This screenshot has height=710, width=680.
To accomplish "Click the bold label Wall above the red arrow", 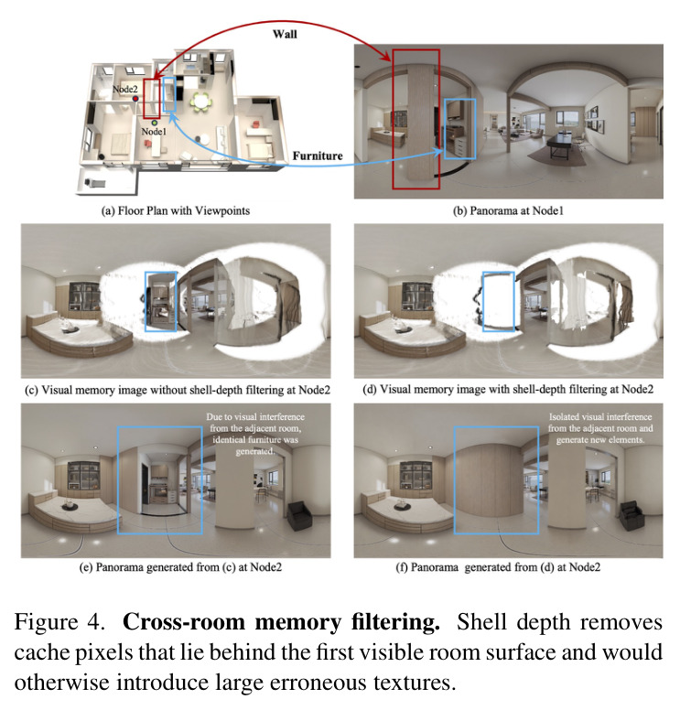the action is pos(285,35).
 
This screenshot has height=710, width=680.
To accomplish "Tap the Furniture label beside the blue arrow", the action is pos(318,156).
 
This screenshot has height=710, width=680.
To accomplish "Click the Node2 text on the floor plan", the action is pos(125,89).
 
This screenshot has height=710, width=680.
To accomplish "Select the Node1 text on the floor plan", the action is pos(154,132).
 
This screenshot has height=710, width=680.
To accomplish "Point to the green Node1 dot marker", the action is pos(155,123).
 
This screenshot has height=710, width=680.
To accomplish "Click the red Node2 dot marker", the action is pos(135,98).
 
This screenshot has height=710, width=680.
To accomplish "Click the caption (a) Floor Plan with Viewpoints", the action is pos(176,211).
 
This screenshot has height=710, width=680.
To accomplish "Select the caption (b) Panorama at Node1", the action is pos(508,211).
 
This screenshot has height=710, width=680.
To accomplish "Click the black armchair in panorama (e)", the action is pos(299,515).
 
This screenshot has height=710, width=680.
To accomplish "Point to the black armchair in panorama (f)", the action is pos(632,515).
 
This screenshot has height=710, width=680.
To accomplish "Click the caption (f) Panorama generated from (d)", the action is pos(498,567).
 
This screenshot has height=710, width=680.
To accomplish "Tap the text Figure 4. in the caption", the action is pos(59,622).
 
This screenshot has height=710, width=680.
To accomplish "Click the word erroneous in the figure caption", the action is pos(317,683).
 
